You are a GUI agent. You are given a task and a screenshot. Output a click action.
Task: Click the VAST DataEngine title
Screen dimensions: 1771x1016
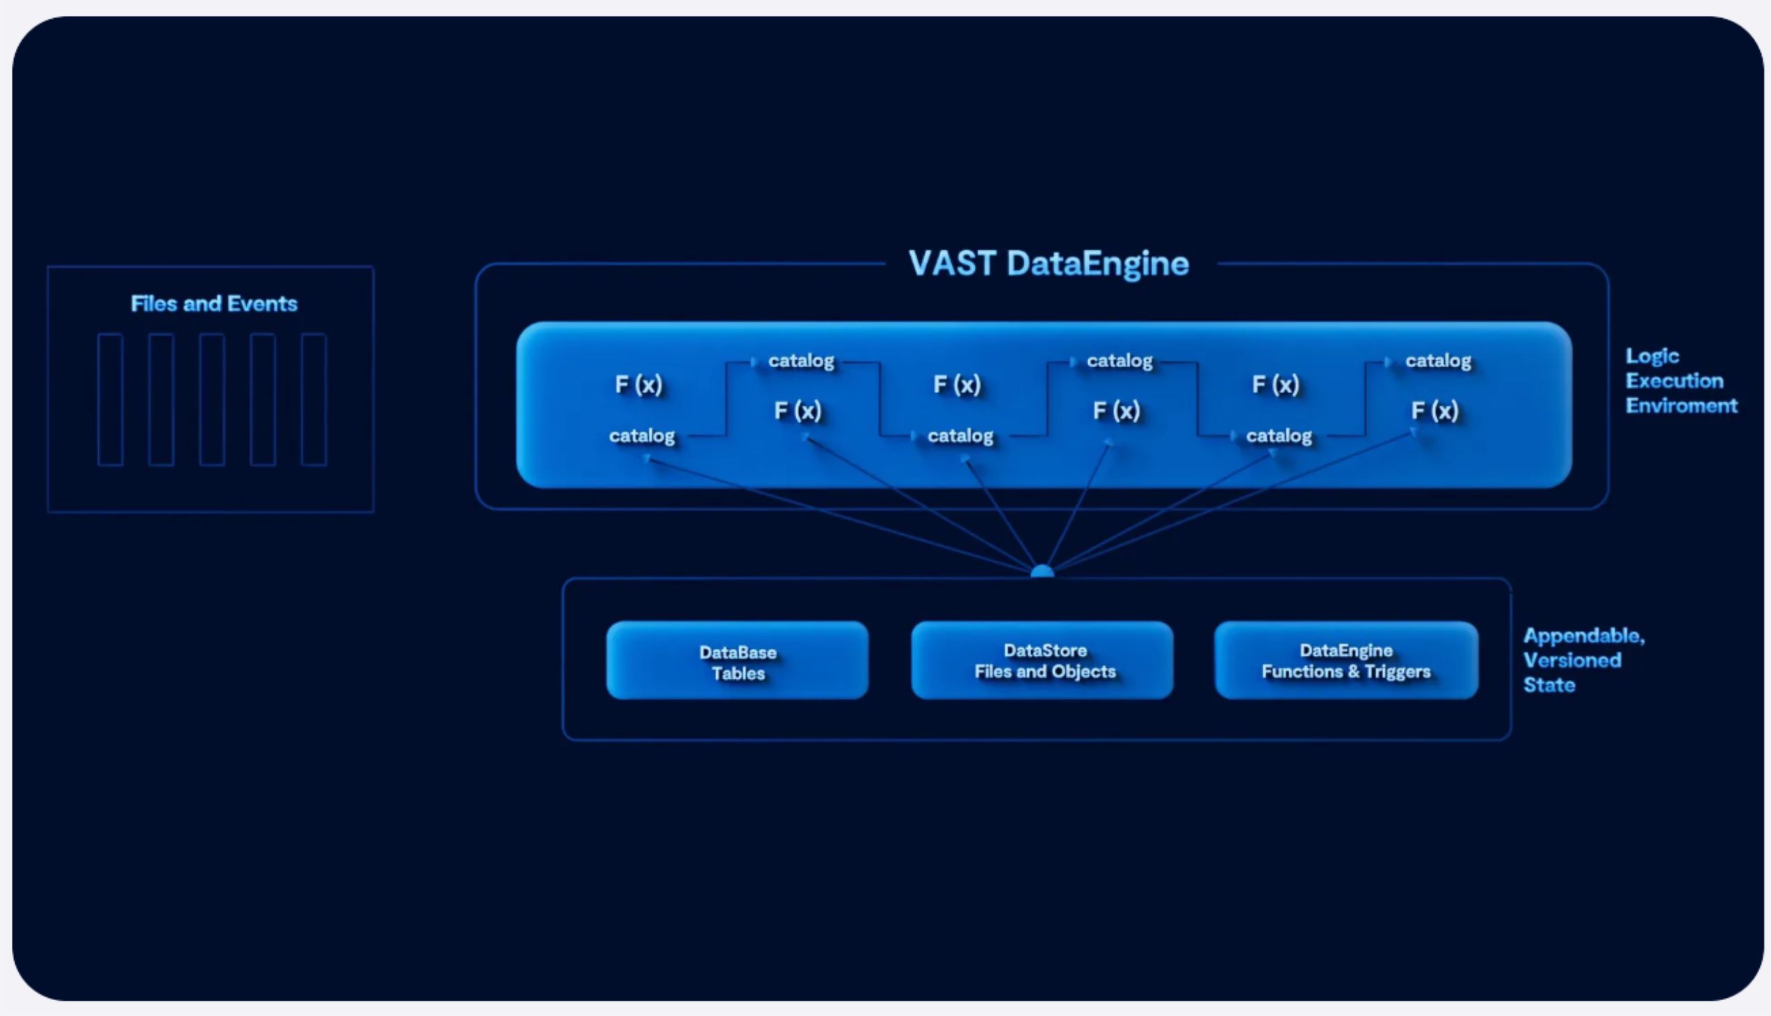pos(1049,264)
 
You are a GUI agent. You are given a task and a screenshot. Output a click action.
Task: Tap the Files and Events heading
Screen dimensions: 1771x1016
pos(214,303)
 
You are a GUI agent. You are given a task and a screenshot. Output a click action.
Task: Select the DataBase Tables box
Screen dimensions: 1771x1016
pos(737,660)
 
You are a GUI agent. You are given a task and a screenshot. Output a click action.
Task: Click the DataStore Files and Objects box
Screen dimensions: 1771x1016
pos(1042,660)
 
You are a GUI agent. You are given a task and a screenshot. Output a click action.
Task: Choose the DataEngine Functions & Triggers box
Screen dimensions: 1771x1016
pos(1346,660)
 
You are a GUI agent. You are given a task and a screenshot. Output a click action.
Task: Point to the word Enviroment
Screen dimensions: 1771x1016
pos(1682,405)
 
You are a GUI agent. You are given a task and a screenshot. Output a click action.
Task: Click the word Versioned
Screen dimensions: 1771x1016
pos(1572,660)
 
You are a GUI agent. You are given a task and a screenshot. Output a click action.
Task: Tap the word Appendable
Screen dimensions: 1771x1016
pos(1584,636)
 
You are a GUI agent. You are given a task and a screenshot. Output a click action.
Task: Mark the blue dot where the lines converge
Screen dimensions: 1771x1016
pos(1042,572)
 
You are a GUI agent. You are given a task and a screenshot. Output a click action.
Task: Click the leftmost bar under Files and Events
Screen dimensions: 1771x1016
pos(110,399)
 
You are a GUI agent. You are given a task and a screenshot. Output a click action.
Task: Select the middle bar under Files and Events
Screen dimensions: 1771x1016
pos(212,399)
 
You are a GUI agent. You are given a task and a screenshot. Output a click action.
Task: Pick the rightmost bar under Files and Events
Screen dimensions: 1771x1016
pos(314,399)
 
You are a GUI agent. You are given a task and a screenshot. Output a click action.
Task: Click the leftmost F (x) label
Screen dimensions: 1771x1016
pos(638,385)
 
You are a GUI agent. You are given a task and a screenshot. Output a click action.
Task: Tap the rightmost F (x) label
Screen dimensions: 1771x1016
pos(1434,410)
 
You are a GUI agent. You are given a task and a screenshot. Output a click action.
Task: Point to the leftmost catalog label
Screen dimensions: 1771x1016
pos(642,436)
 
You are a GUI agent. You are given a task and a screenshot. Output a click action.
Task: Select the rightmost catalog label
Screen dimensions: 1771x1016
pos(1438,361)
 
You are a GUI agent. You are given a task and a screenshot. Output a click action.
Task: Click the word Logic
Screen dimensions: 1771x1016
pos(1652,357)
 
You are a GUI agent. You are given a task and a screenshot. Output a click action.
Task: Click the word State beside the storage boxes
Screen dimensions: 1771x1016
pos(1549,684)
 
